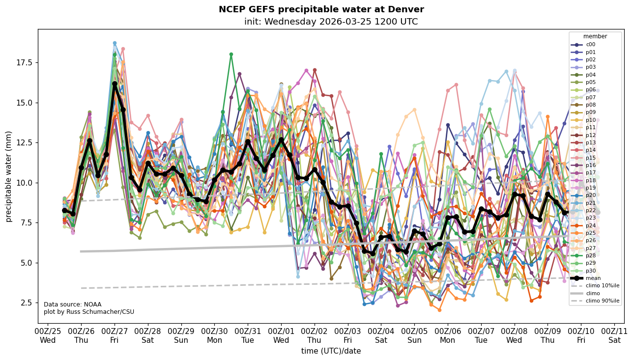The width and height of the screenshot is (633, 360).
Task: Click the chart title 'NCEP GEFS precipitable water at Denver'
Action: tap(321, 9)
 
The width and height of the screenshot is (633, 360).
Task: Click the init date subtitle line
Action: tap(331, 22)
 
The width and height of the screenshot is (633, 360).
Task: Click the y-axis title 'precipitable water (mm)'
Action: tap(9, 176)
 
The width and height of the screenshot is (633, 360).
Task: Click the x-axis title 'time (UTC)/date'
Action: tap(331, 351)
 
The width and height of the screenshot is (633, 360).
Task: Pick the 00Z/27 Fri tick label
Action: tap(115, 335)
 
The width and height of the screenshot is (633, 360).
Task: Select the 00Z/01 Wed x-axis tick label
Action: tap(281, 335)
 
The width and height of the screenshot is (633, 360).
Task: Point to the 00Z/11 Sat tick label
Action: tap(615, 335)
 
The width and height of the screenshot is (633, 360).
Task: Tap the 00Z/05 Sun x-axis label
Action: tap(414, 335)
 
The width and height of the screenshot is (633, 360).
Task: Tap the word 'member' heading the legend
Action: tap(595, 36)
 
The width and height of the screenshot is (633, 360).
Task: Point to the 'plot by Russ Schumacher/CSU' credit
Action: tap(89, 312)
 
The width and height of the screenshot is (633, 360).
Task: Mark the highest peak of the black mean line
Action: tap(115, 84)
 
